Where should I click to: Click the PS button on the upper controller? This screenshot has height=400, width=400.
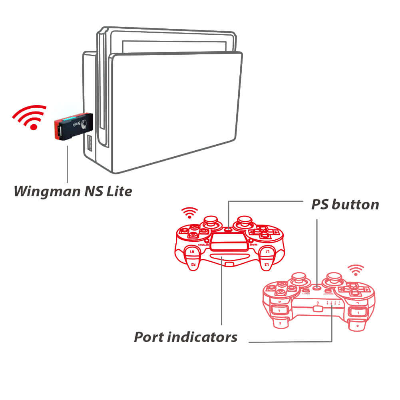point(228,229)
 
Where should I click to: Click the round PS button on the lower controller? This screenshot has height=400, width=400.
point(317,287)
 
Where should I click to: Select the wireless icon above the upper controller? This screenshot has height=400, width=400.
point(189,213)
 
